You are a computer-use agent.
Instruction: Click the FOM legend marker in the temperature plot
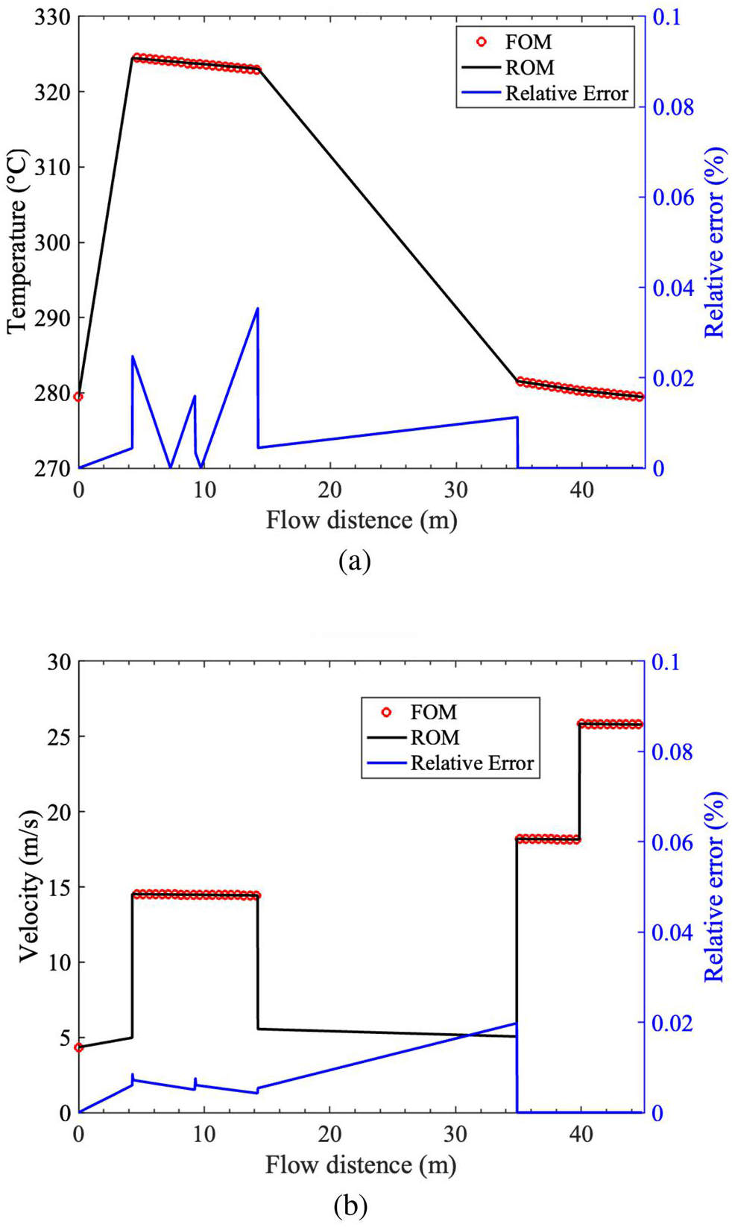tap(481, 42)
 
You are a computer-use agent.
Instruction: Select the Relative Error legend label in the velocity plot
tap(473, 763)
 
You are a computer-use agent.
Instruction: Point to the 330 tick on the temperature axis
tap(53, 17)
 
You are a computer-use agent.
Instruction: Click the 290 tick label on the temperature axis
tap(53, 318)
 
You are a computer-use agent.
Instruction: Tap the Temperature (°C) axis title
tap(18, 242)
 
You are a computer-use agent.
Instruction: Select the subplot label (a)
tap(355, 561)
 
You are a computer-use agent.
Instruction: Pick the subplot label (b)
tap(350, 1206)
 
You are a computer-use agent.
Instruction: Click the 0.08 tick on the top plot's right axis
tap(673, 107)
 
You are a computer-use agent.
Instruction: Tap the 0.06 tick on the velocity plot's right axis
tap(673, 842)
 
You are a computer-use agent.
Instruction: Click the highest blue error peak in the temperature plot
tap(257, 309)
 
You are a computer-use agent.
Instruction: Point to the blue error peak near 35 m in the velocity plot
tap(516, 1023)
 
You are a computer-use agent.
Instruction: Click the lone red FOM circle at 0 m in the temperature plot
tap(78, 397)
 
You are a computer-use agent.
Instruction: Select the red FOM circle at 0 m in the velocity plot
tap(78, 1047)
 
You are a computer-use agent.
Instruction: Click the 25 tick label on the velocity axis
tap(60, 736)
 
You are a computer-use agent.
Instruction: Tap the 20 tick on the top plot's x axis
tap(329, 490)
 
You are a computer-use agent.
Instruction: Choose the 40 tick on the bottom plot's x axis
tap(581, 1135)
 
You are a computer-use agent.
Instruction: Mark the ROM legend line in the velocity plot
tap(386, 737)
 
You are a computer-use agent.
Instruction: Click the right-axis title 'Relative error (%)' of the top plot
tap(715, 242)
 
